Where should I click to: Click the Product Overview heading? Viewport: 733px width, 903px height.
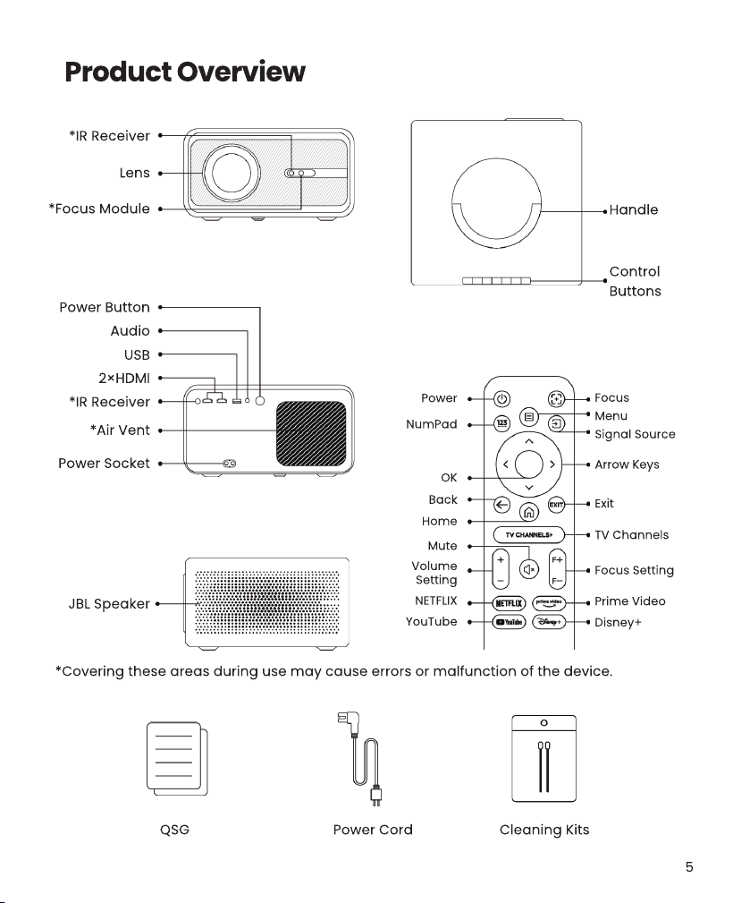185,72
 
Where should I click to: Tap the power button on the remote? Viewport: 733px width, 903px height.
501,398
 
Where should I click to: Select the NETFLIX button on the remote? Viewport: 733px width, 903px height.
510,603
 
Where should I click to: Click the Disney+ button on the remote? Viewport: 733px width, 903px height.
549,622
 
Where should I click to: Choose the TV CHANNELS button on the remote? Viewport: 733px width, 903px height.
529,535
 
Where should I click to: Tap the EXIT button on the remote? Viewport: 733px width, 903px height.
556,505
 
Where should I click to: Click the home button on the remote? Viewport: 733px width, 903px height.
529,511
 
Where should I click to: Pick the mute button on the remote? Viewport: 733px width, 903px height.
529,569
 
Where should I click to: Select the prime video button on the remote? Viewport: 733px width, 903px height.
549,603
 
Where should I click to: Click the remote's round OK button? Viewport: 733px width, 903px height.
529,464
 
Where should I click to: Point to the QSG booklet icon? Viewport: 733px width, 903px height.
177,758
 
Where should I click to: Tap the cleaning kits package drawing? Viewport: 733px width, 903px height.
543,758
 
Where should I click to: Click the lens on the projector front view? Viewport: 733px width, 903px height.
232,173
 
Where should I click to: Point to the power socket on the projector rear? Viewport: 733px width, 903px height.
229,463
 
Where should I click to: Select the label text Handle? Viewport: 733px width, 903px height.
634,209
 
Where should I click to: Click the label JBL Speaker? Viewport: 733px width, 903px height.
109,603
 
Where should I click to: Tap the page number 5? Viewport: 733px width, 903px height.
689,866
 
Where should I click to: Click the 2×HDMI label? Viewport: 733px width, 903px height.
124,379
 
